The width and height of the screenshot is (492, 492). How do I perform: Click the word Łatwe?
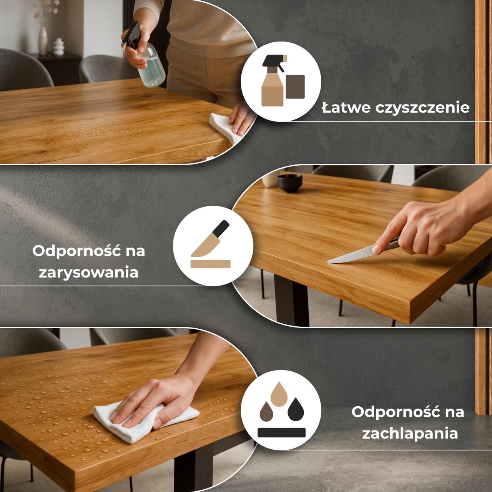346,108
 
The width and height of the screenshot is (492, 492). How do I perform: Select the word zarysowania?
88,273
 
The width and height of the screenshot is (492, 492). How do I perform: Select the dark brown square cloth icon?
295,87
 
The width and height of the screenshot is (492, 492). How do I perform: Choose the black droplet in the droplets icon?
296,409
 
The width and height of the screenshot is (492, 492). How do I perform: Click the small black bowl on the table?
290,183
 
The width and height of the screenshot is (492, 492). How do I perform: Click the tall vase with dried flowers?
43,39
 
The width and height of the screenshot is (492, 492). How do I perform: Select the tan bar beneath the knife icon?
210,264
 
